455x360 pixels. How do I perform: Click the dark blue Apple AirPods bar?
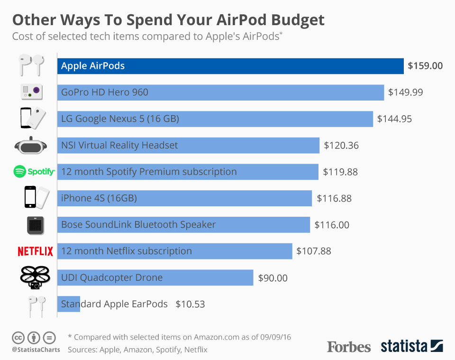click(230, 66)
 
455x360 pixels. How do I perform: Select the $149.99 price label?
click(405, 92)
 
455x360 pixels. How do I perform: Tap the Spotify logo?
click(34, 172)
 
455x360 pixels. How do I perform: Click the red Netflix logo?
click(35, 251)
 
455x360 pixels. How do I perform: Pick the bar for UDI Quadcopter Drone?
click(155, 277)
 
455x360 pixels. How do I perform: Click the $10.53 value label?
click(190, 305)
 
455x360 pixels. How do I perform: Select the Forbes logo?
click(348, 347)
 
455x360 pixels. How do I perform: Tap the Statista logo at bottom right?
click(411, 346)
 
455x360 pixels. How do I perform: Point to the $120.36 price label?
click(341, 146)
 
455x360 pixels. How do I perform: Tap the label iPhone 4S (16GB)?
click(99, 198)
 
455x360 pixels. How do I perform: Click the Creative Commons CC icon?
click(18, 338)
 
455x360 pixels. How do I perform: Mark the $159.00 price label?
click(425, 66)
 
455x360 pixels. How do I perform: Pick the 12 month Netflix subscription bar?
click(174, 251)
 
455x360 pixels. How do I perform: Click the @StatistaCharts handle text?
click(36, 350)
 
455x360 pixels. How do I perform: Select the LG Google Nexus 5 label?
click(120, 119)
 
